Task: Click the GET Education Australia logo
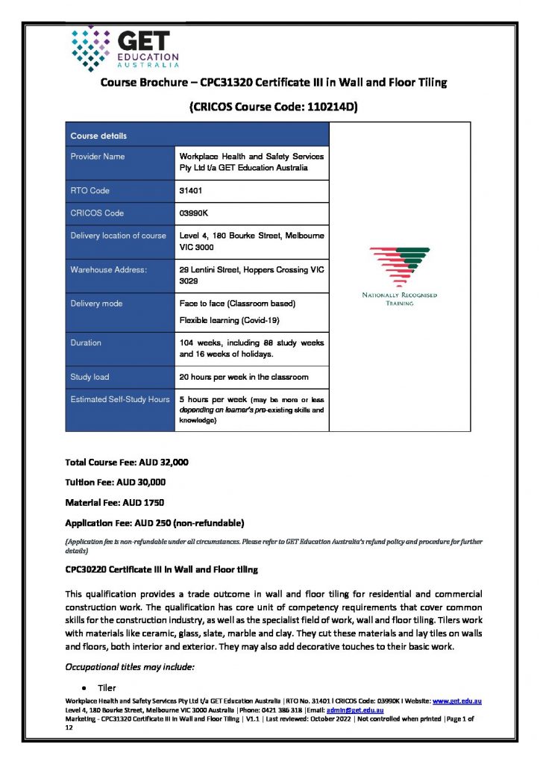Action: (x=125, y=46)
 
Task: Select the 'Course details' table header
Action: (x=98, y=136)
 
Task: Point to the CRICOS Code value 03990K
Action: (x=194, y=213)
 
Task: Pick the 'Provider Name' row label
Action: (x=98, y=157)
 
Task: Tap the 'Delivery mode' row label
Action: (x=97, y=304)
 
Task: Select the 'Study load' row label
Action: (x=90, y=377)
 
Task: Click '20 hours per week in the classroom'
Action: (x=244, y=377)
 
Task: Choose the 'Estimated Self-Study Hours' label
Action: (x=120, y=399)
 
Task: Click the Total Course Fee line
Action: (x=127, y=463)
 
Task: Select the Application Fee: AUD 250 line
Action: (x=154, y=521)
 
